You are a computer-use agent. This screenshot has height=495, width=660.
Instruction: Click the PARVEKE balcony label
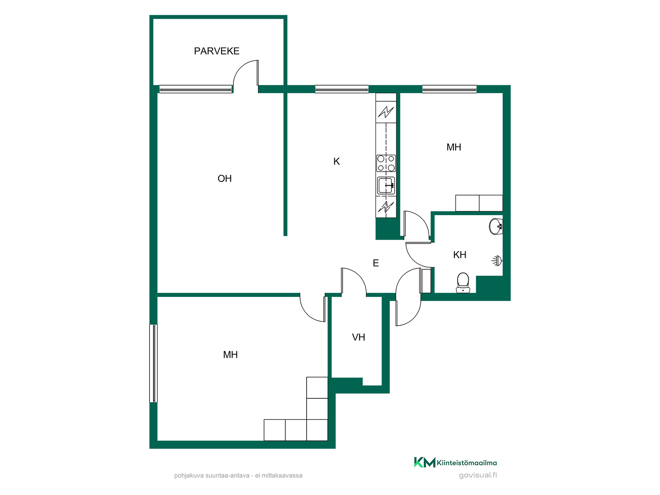click(217, 51)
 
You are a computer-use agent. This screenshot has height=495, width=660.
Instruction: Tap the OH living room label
click(224, 179)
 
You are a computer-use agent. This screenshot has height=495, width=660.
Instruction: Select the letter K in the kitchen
click(337, 161)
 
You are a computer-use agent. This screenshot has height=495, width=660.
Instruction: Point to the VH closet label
click(359, 337)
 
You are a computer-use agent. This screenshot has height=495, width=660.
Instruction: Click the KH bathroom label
click(460, 255)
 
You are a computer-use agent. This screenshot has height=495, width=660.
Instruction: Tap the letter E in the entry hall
click(376, 263)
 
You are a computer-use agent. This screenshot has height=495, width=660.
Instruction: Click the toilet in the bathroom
click(463, 283)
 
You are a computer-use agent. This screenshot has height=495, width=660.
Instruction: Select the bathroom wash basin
click(496, 226)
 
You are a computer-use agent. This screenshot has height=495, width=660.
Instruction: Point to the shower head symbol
click(497, 261)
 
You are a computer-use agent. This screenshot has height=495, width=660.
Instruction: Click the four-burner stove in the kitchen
click(386, 163)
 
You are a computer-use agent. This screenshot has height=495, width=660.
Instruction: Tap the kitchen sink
click(386, 186)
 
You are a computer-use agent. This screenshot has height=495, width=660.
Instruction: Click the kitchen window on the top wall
click(342, 89)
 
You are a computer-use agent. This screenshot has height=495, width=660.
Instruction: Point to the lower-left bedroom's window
click(153, 363)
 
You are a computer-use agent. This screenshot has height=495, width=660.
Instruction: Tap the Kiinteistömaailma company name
click(467, 463)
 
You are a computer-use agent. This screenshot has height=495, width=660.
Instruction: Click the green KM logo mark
click(425, 462)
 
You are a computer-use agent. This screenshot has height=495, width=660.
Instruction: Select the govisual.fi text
click(478, 475)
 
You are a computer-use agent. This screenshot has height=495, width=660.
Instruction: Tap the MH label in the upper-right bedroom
click(454, 147)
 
